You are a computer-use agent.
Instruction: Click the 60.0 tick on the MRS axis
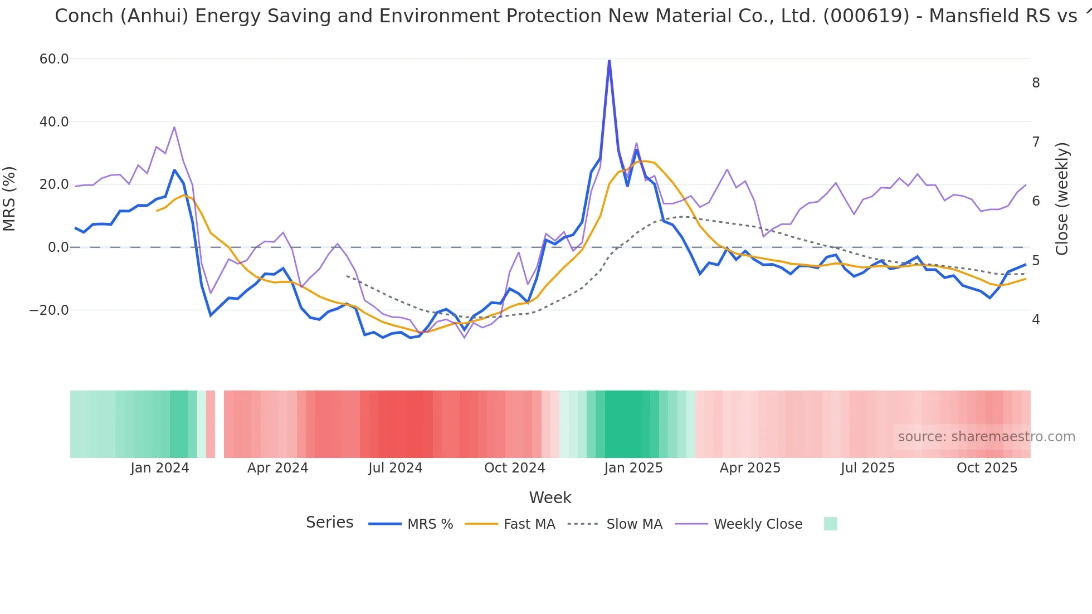tap(53, 59)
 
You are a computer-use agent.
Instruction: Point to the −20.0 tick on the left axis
tap(49, 310)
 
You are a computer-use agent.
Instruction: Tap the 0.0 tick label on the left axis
tap(58, 247)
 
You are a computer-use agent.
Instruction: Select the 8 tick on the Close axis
tap(1036, 83)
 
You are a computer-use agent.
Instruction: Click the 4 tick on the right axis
tap(1036, 320)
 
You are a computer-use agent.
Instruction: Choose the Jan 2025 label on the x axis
tap(633, 468)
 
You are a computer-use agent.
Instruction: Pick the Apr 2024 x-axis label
tap(277, 468)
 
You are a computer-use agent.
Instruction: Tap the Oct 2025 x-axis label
tap(987, 468)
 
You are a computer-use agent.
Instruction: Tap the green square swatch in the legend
tap(830, 524)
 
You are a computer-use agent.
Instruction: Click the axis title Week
tap(550, 498)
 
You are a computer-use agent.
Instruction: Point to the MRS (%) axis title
tap(9, 199)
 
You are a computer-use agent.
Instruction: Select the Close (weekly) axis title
tap(1062, 199)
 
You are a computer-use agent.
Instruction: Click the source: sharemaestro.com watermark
tap(986, 437)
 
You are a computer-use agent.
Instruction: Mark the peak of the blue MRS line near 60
tap(609, 60)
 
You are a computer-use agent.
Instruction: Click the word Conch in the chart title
tap(84, 16)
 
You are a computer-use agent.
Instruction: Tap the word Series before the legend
tap(329, 523)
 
